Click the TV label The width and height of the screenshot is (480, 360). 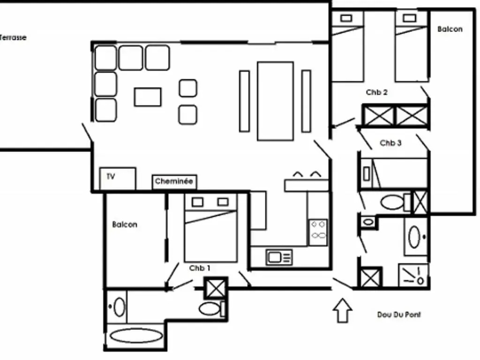tap(111, 176)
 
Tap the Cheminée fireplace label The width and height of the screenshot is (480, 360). tap(174, 181)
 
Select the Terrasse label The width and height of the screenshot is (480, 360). tap(13, 37)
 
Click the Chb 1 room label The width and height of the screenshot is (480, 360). tap(200, 268)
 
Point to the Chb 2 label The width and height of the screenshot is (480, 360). tap(376, 92)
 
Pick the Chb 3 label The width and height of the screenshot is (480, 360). tap(390, 143)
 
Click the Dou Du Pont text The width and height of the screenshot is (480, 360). tap(399, 315)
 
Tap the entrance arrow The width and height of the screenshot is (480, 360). tap(343, 310)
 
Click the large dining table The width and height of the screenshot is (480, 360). tap(276, 101)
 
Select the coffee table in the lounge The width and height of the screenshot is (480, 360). tap(148, 97)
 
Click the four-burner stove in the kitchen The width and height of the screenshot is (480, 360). tap(318, 232)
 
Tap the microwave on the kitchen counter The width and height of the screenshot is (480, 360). tap(279, 257)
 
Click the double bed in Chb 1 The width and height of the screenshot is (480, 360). tap(210, 228)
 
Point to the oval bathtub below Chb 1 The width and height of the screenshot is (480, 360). tap(136, 336)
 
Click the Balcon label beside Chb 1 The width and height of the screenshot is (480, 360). tap(125, 225)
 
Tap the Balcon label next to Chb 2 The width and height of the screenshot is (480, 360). tap(450, 30)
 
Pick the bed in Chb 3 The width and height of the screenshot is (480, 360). tap(394, 173)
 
